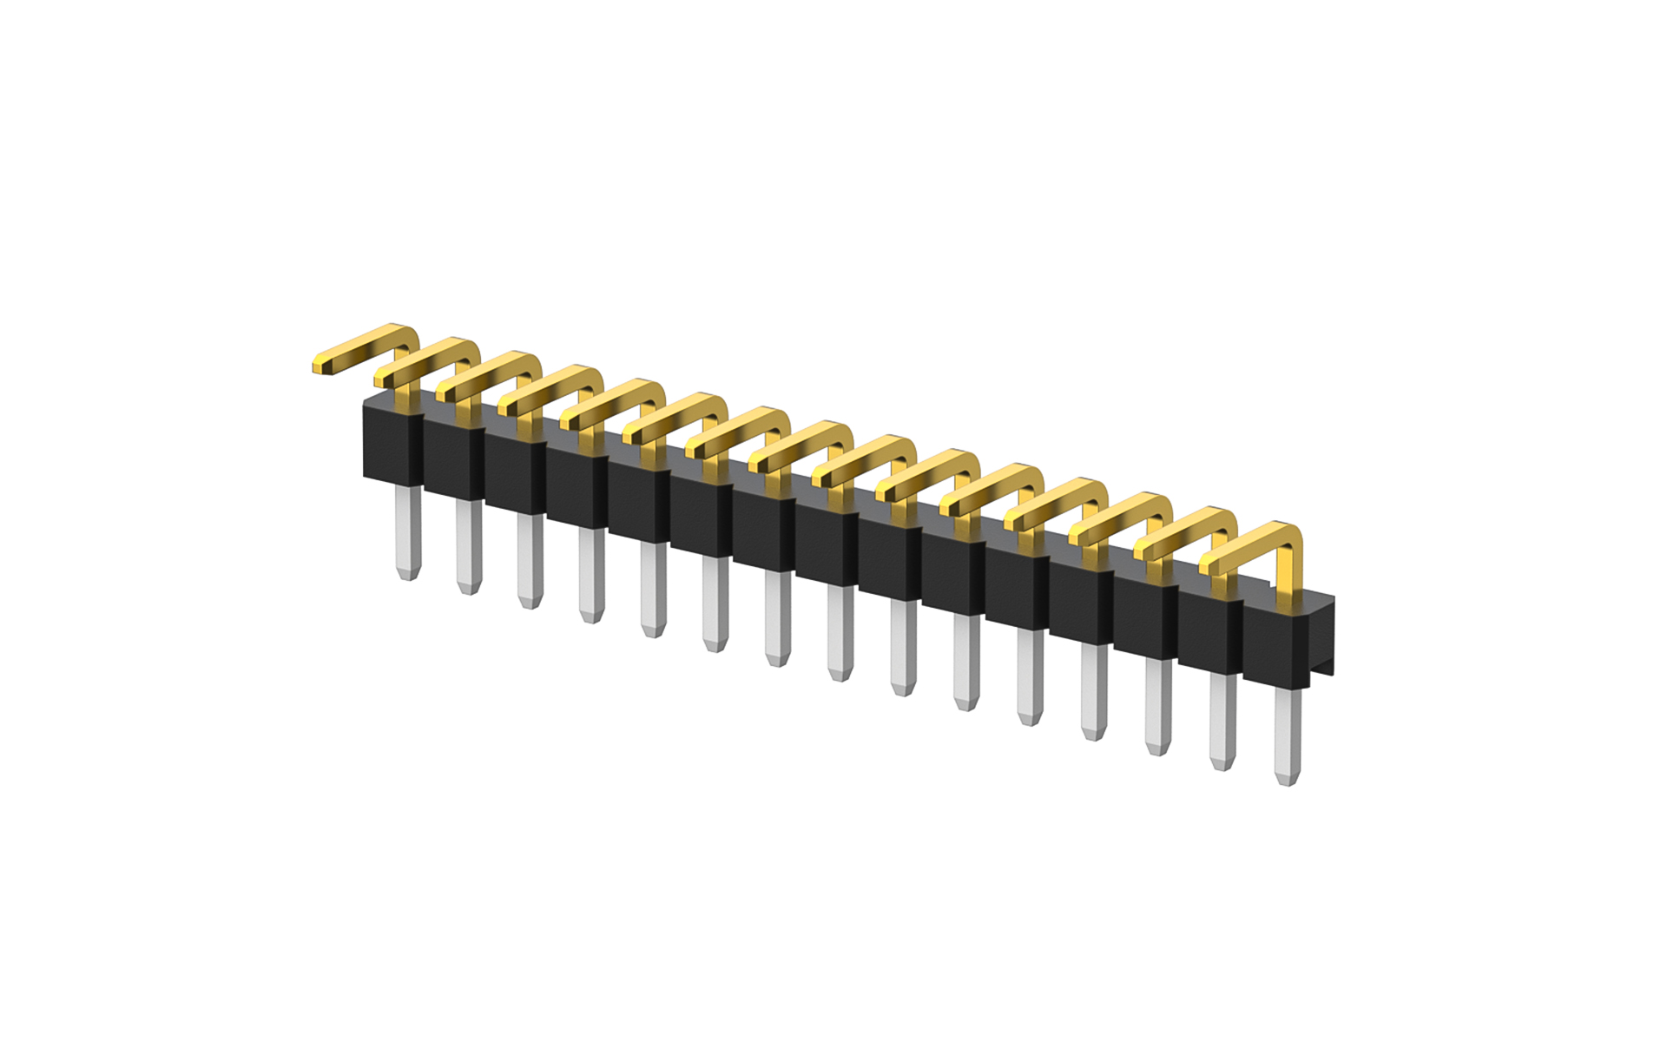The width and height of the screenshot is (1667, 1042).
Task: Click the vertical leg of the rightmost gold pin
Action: [x=1292, y=564]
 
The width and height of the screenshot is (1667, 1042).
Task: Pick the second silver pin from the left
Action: [x=469, y=547]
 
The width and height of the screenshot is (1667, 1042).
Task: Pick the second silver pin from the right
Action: [x=1222, y=721]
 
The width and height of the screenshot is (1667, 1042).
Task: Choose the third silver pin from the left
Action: [x=530, y=560]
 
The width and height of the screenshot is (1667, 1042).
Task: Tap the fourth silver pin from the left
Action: [x=592, y=575]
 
